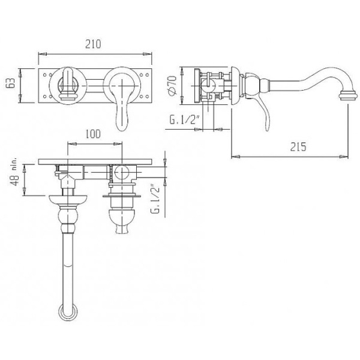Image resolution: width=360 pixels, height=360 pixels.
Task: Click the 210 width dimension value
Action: [x=93, y=44]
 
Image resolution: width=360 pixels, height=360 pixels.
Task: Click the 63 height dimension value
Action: [x=11, y=83]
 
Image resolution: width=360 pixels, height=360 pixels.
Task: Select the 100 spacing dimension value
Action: [x=93, y=134]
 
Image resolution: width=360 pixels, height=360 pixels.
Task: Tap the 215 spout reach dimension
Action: [x=298, y=147]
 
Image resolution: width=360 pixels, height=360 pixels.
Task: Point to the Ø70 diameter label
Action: [x=172, y=85]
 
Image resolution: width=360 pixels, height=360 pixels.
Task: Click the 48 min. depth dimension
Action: [x=14, y=172]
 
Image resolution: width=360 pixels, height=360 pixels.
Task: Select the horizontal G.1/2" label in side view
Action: [x=184, y=120]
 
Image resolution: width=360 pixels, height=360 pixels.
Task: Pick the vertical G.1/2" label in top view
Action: [x=155, y=199]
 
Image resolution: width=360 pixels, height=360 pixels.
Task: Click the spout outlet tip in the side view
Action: [x=349, y=95]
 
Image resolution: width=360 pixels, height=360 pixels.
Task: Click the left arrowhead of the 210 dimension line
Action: [x=43, y=54]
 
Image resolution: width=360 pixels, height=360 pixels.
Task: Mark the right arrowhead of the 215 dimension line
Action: [x=344, y=157]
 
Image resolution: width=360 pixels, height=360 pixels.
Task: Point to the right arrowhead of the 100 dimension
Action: [x=118, y=144]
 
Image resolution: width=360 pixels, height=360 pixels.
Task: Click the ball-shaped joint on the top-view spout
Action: [x=68, y=216]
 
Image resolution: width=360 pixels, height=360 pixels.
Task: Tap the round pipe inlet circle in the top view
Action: [x=122, y=173]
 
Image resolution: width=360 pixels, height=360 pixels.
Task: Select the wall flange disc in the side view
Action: [x=235, y=86]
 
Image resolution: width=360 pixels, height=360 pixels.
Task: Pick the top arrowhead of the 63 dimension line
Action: [x=20, y=73]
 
